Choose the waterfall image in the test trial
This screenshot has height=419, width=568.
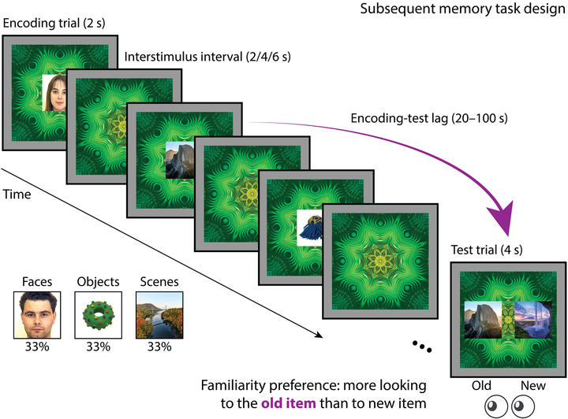532,320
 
